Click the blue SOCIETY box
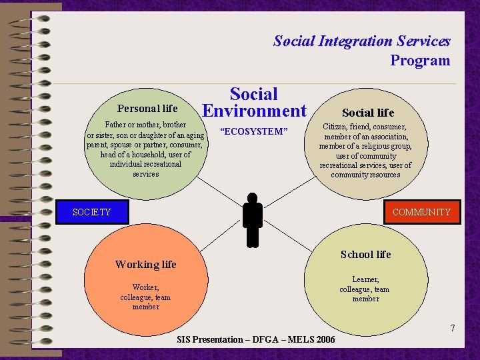pos(92,212)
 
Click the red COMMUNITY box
pos(421,212)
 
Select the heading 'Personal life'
pos(147,109)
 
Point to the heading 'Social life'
pos(368,113)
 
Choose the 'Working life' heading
pos(145,265)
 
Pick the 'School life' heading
pos(365,255)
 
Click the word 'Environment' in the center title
pos(254,111)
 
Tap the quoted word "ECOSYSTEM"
pos(253,131)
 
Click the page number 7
pos(453,328)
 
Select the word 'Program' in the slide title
pos(420,61)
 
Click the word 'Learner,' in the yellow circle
pos(365,279)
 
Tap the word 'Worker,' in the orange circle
pos(145,287)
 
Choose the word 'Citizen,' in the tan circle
pos(337,126)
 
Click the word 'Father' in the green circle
pos(118,125)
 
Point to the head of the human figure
pos(252,198)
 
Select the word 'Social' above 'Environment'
pos(253,95)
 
